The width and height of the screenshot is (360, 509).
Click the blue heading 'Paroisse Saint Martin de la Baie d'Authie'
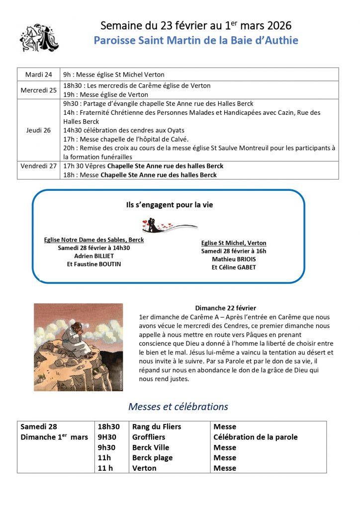tap(196, 40)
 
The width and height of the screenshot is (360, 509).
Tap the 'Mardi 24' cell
tap(38, 75)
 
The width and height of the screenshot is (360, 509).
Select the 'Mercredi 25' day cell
tap(38, 90)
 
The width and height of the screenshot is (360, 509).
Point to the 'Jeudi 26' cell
tap(38, 130)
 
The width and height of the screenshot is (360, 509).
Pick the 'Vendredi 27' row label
tap(38, 166)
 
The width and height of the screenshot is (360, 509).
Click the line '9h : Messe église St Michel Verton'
tap(113, 75)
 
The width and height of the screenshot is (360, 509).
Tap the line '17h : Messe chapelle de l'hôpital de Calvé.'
tap(126, 139)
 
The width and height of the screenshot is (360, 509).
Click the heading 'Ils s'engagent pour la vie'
tap(170, 204)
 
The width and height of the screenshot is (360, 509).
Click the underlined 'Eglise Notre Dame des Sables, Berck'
tap(94, 240)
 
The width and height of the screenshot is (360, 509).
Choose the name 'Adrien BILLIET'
tap(94, 256)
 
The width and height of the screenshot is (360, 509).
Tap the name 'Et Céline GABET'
tap(234, 267)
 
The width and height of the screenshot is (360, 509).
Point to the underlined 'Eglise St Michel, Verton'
tap(234, 243)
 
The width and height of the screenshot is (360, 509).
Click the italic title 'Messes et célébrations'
tap(178, 407)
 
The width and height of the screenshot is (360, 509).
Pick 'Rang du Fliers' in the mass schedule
tap(157, 426)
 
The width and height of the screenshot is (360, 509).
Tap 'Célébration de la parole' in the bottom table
tap(255, 437)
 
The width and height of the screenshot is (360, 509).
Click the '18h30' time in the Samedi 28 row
tap(109, 426)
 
